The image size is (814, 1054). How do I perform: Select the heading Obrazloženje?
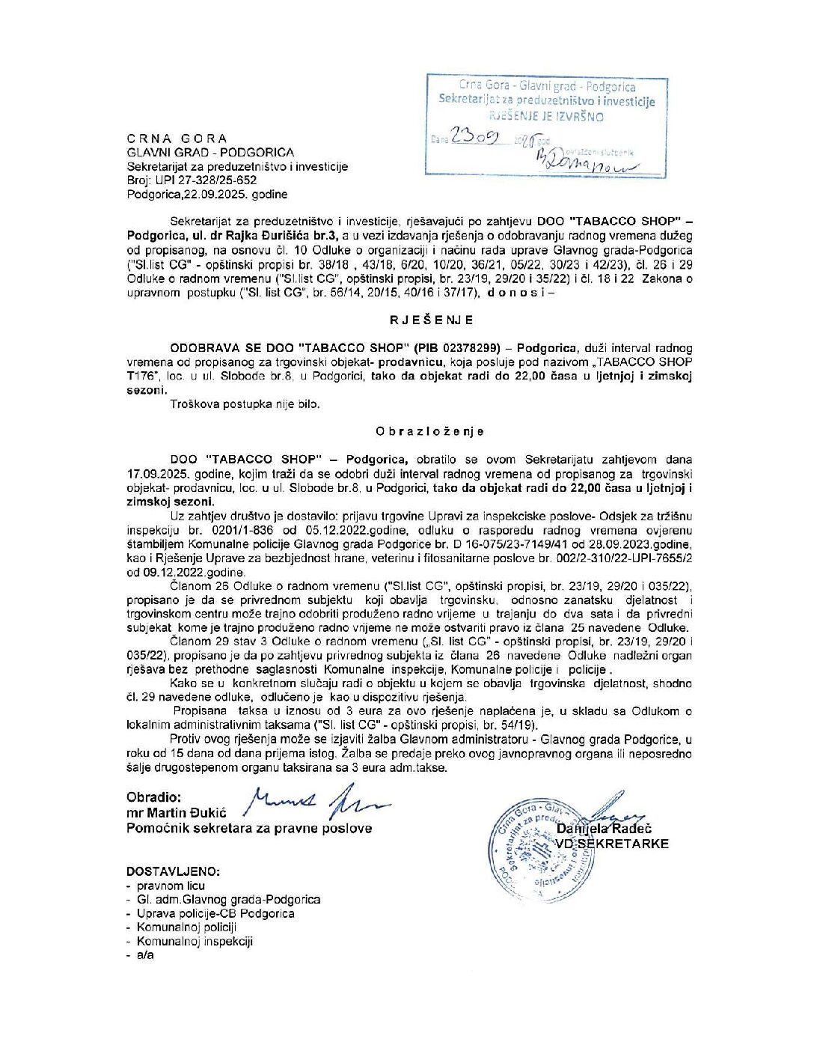click(430, 431)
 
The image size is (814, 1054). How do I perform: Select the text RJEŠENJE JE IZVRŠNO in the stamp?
click(546, 116)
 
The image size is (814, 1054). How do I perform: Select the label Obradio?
click(153, 798)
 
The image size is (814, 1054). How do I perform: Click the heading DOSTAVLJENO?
click(174, 872)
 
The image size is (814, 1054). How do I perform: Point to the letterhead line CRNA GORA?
click(177, 138)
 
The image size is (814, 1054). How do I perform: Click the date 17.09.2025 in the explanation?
click(156, 474)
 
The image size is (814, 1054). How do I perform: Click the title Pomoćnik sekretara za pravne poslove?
click(249, 828)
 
